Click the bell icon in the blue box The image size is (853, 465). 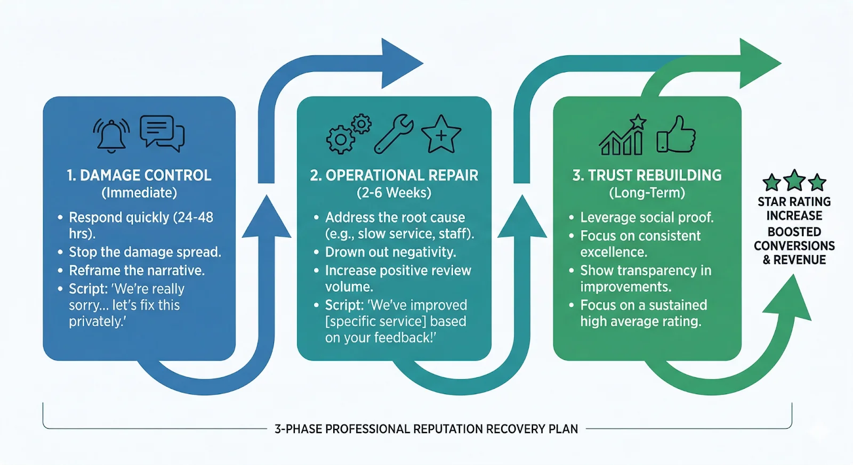(x=111, y=135)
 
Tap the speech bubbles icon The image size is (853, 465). (x=162, y=133)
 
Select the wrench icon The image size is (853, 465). (x=393, y=134)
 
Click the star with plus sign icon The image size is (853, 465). (x=441, y=135)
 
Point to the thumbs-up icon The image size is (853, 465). (x=677, y=135)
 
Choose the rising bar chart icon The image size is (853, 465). (x=622, y=136)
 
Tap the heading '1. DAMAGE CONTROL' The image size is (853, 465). (x=139, y=175)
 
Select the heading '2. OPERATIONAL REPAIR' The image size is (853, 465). (x=394, y=175)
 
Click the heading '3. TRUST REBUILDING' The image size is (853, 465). (x=647, y=175)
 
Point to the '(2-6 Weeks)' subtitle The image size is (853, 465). (x=394, y=193)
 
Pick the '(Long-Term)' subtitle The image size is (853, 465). (x=647, y=193)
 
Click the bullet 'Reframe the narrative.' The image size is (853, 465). (x=136, y=271)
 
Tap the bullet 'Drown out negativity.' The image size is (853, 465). (x=390, y=252)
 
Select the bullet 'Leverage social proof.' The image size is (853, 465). (x=647, y=217)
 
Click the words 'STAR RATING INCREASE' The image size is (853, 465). (x=794, y=209)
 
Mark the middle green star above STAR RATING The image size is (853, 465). (x=794, y=181)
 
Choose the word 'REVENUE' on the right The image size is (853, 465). (x=799, y=260)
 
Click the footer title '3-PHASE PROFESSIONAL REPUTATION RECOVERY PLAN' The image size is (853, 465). (x=426, y=429)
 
